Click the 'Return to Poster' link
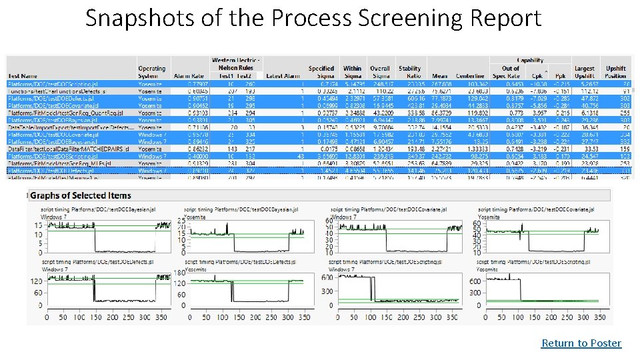point(581,343)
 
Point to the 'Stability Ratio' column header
point(409,72)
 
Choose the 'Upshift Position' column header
point(616,72)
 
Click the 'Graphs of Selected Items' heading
point(81,196)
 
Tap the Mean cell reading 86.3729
point(443,114)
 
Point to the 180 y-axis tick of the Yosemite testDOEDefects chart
point(181,272)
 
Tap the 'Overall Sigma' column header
point(380,72)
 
